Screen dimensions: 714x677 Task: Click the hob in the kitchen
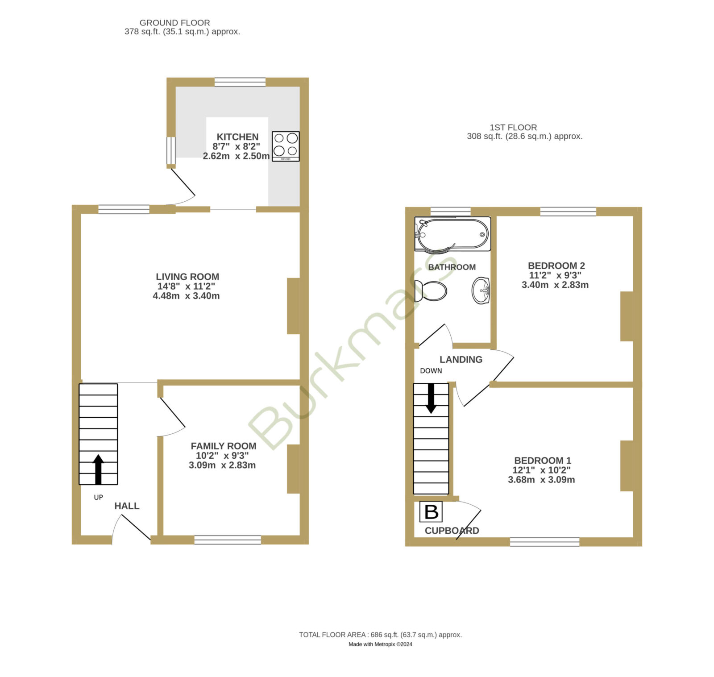point(286,146)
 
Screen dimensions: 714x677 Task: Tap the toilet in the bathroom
point(431,291)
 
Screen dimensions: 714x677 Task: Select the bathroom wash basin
point(481,291)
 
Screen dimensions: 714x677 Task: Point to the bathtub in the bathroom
point(452,234)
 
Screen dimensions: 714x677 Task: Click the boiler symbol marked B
point(431,512)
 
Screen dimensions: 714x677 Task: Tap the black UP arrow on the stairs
point(98,469)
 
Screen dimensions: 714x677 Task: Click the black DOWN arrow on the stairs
point(431,398)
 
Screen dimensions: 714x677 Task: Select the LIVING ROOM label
point(187,277)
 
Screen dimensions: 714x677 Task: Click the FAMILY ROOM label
point(224,446)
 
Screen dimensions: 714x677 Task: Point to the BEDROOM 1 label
point(543,461)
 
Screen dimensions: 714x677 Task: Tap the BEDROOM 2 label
point(556,266)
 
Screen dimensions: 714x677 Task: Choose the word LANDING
point(461,360)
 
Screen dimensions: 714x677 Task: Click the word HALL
point(127,506)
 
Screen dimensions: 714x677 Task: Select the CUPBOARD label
point(452,531)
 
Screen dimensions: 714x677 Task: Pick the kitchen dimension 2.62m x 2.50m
point(237,156)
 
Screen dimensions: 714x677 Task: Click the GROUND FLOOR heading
point(175,23)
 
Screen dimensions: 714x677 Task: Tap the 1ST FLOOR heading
point(513,128)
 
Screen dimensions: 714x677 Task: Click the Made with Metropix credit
point(381,644)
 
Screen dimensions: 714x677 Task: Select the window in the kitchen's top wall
point(240,82)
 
